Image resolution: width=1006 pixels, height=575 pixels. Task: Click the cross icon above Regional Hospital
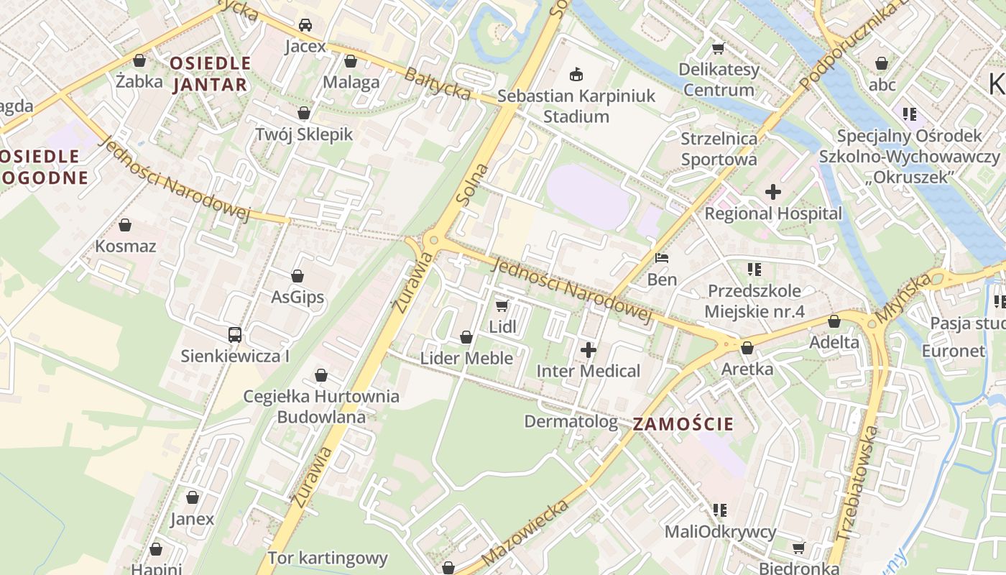[x=773, y=192]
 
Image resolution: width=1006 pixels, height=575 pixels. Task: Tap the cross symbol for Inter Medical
[x=589, y=350]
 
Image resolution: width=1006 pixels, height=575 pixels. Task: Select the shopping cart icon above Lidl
[x=502, y=305]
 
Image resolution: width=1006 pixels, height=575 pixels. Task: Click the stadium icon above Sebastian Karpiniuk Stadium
[x=576, y=74]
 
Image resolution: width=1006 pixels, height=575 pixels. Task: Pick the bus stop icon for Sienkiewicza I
[x=235, y=334]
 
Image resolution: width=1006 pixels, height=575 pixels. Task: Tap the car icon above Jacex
[x=305, y=25]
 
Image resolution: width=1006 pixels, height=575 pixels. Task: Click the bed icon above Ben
[x=662, y=258]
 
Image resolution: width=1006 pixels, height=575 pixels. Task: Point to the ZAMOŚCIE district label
[x=683, y=424]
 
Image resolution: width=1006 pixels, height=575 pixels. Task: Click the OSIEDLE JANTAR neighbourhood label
[x=210, y=74]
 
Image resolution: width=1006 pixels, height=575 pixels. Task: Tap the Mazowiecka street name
[x=526, y=532]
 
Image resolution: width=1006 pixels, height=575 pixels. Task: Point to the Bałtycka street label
[x=438, y=83]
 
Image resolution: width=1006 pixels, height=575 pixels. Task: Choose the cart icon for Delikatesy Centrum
[x=717, y=49]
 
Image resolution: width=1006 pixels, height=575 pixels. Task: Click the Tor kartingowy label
[x=327, y=558]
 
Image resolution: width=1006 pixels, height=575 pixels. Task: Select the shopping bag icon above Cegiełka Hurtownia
[x=321, y=375]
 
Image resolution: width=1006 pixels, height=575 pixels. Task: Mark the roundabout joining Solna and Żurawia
[x=430, y=240]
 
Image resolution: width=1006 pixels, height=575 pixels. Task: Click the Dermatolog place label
[x=571, y=421]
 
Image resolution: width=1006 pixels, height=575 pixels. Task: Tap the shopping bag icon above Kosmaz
[x=125, y=225]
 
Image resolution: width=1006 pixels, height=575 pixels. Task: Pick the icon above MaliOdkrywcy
[x=719, y=510]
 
